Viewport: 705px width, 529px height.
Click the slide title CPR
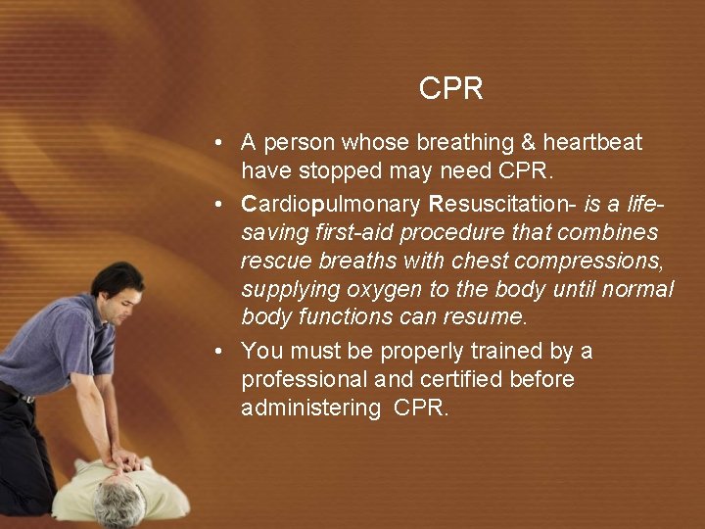pyautogui.click(x=450, y=89)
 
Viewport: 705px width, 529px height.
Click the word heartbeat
pyautogui.click(x=592, y=143)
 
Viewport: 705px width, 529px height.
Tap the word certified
pyautogui.click(x=474, y=379)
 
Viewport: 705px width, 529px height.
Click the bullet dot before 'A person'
pyautogui.click(x=221, y=143)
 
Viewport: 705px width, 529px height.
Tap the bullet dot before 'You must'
pyautogui.click(x=221, y=352)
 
